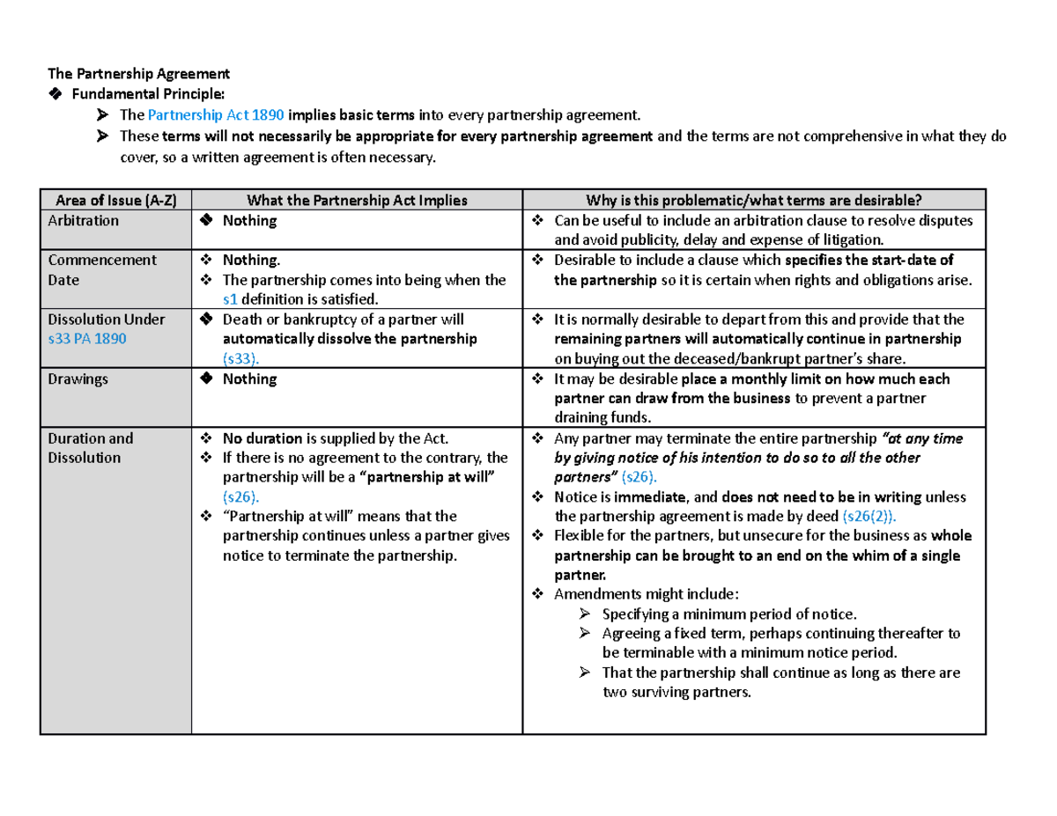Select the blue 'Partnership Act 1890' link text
pyautogui.click(x=216, y=114)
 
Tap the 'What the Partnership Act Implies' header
pyautogui.click(x=357, y=200)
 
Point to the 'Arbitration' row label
pyautogui.click(x=84, y=220)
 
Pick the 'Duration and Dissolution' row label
pyautogui.click(x=91, y=447)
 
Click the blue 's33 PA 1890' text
pyautogui.click(x=88, y=339)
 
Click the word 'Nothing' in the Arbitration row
pyautogui.click(x=249, y=220)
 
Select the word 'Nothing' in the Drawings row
pyautogui.click(x=249, y=379)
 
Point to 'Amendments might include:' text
pyautogui.click(x=647, y=594)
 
